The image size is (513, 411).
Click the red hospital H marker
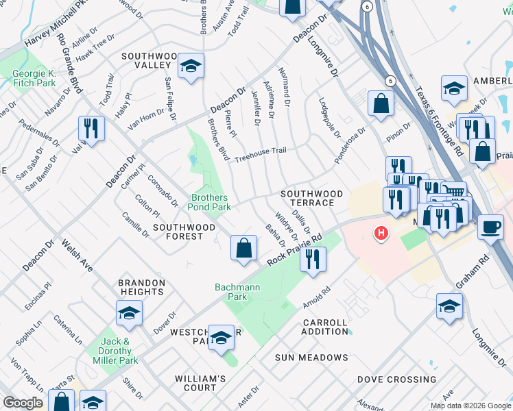[381, 234]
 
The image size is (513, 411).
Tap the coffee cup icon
[490, 227]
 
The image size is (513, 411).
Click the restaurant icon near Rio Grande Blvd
[90, 128]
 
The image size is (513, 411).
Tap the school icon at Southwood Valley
[191, 66]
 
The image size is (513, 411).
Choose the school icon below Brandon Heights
[128, 313]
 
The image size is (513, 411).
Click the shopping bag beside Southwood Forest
[243, 248]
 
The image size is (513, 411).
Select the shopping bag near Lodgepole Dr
[380, 104]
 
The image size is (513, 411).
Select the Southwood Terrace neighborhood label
[311, 199]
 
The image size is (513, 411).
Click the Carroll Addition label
[324, 327]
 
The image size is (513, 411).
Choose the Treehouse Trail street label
[260, 155]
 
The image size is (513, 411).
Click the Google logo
[22, 403]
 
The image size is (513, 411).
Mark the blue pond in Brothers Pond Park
[193, 162]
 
